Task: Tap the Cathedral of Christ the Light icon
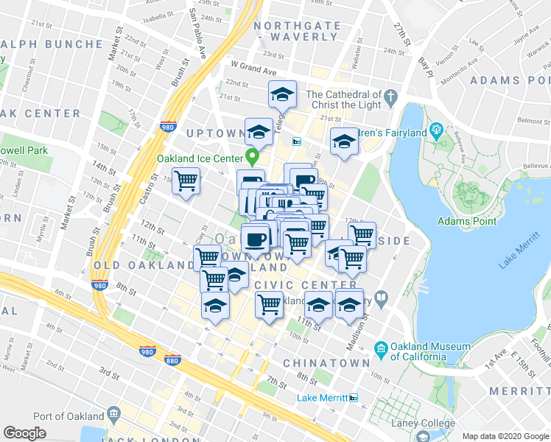[391, 96]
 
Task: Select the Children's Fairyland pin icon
[436, 133]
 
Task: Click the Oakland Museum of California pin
[382, 348]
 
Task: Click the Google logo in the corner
[24, 433]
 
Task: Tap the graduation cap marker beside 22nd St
[281, 95]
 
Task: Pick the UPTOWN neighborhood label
[214, 133]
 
